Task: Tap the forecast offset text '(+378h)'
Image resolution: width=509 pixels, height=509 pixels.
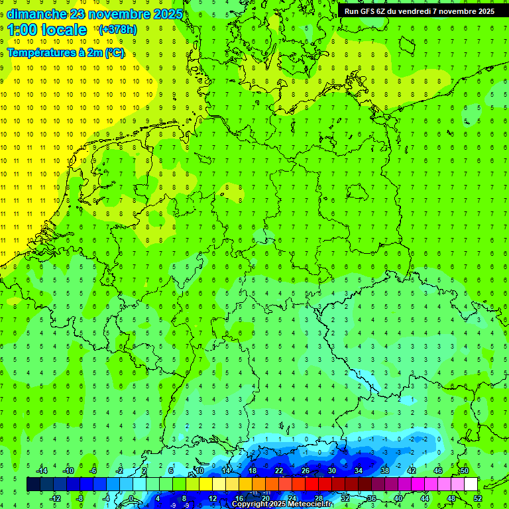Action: pos(117,29)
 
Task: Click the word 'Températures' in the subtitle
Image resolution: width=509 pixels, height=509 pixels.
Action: pos(39,53)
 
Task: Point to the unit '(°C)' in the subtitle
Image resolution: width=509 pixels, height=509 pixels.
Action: pos(113,53)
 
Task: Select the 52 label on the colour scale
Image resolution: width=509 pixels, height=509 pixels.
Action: pos(479,498)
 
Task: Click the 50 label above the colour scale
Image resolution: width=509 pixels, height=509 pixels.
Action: pos(465,471)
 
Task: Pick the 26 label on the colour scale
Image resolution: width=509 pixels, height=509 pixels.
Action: pos(306,471)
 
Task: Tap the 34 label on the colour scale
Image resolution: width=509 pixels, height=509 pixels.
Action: pos(359,471)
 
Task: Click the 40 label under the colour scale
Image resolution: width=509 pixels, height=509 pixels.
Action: pos(398,498)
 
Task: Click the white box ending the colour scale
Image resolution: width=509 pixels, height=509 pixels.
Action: pos(471,484)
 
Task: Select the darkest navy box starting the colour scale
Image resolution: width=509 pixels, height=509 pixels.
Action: pos(33,484)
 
